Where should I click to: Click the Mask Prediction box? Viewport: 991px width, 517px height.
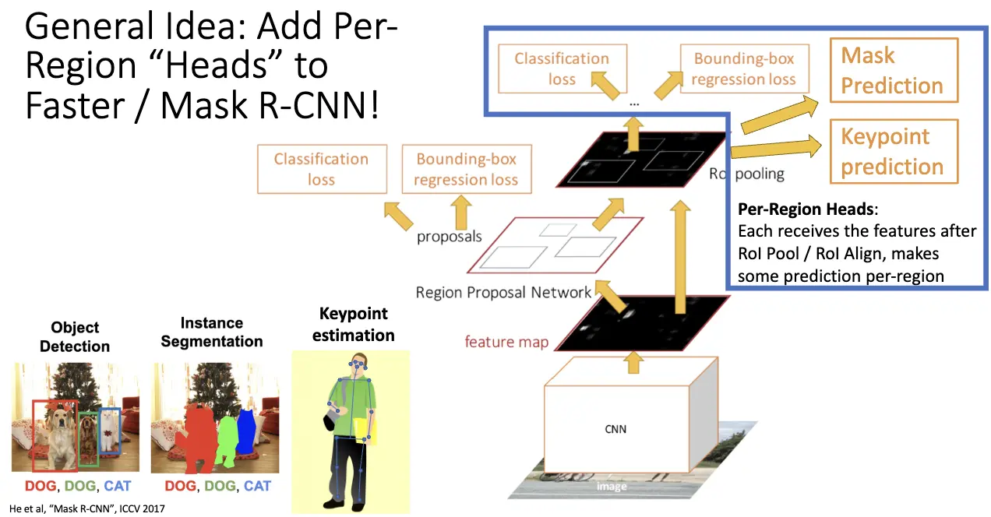(892, 71)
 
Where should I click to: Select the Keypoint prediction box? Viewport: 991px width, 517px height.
(892, 151)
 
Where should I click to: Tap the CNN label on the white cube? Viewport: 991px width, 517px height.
(615, 428)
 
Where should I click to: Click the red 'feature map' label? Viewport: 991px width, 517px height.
(506, 342)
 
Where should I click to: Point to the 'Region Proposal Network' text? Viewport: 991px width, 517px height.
(503, 293)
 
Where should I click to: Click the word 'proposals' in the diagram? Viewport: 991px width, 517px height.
(449, 236)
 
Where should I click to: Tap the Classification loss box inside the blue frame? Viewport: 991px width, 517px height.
(561, 69)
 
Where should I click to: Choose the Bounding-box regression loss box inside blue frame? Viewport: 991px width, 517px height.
(744, 69)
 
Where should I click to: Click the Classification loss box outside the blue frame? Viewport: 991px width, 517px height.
(321, 169)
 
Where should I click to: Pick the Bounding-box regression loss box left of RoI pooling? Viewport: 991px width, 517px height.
(466, 169)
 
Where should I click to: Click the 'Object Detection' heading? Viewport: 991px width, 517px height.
(75, 336)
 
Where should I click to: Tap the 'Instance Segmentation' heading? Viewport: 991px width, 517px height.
(211, 332)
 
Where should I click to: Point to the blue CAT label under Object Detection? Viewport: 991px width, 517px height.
(117, 486)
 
